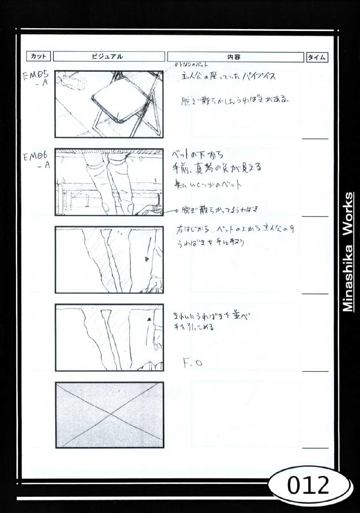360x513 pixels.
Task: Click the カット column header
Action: [38, 56]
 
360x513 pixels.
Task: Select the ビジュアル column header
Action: [109, 57]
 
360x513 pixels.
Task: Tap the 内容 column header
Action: [235, 57]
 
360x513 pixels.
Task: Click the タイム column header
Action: [317, 57]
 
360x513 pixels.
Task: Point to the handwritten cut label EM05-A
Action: [36, 78]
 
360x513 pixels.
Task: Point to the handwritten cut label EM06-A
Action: [36, 161]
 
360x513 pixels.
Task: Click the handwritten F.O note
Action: [192, 363]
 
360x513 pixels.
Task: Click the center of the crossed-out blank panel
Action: [109, 415]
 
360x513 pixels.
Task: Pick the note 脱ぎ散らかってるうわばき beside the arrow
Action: [220, 210]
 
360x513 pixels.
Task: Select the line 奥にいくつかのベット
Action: [208, 184]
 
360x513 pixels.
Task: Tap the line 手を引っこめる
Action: [194, 327]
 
